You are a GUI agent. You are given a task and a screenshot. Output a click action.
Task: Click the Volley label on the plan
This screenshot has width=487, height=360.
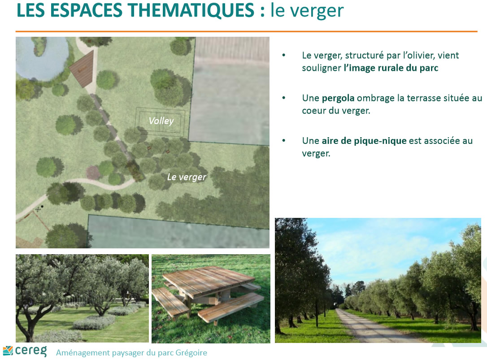click(x=161, y=121)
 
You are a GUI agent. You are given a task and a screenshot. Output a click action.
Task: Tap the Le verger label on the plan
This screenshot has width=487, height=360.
click(x=187, y=177)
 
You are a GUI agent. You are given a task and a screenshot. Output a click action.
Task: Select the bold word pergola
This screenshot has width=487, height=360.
click(x=338, y=99)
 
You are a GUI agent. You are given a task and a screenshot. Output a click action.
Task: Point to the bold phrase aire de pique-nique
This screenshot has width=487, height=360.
click(x=364, y=141)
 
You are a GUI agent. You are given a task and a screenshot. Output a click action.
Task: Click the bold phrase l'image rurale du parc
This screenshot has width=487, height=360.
click(x=391, y=68)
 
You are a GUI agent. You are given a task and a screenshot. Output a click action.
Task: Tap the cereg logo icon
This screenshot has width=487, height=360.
click(x=8, y=351)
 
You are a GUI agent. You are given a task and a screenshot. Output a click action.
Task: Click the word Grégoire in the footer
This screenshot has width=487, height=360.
click(x=191, y=353)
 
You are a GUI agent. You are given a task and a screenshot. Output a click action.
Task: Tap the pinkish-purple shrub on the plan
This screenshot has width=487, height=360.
click(x=93, y=173)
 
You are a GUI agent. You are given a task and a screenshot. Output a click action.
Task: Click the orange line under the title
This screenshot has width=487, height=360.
click(x=246, y=31)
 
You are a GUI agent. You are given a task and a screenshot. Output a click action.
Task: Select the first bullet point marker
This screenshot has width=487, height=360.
click(x=283, y=55)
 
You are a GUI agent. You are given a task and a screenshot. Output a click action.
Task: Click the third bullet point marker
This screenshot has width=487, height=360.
click(x=283, y=141)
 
